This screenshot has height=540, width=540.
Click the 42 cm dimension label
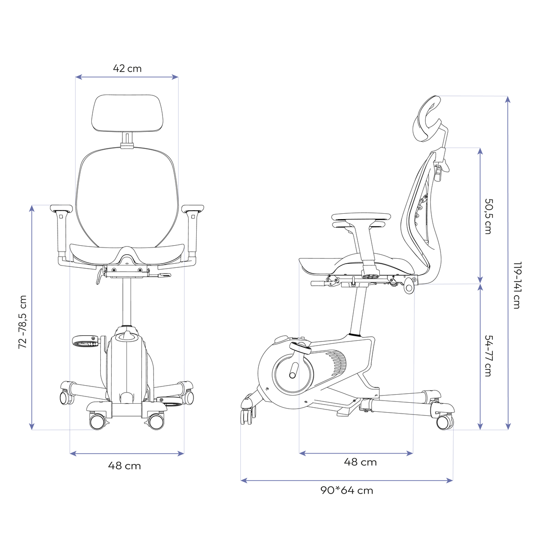pos(127,68)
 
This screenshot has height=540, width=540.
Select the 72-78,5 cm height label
pos(22,322)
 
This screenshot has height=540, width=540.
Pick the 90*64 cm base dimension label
pos(346,490)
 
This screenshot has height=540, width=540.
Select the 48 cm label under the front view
pos(124,466)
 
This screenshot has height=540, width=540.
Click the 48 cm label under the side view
pos(360,462)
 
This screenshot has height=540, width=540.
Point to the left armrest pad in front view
pos(61,209)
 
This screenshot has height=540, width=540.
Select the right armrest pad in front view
pos(193,209)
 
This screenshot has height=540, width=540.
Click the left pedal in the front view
pos(85,341)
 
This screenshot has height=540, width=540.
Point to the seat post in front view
pos(126,301)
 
